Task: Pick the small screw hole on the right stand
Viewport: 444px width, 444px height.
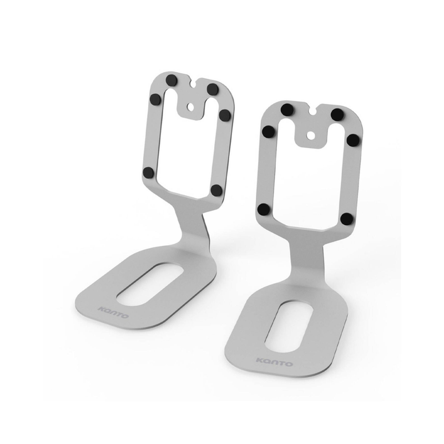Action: click(311, 135)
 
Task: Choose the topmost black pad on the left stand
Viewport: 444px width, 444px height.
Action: click(173, 80)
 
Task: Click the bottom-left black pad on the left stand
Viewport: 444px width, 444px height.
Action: click(148, 173)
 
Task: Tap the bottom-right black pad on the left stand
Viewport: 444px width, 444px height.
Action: click(216, 190)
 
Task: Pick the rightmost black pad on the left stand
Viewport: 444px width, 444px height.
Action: click(225, 115)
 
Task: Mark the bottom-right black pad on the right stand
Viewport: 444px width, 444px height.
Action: click(346, 219)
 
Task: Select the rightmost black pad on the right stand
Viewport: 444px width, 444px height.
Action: click(352, 139)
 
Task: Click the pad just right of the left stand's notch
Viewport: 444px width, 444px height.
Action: click(213, 89)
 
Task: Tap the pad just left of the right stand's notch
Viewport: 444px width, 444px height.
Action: click(287, 110)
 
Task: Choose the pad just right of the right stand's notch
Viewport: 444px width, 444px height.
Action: click(337, 115)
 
